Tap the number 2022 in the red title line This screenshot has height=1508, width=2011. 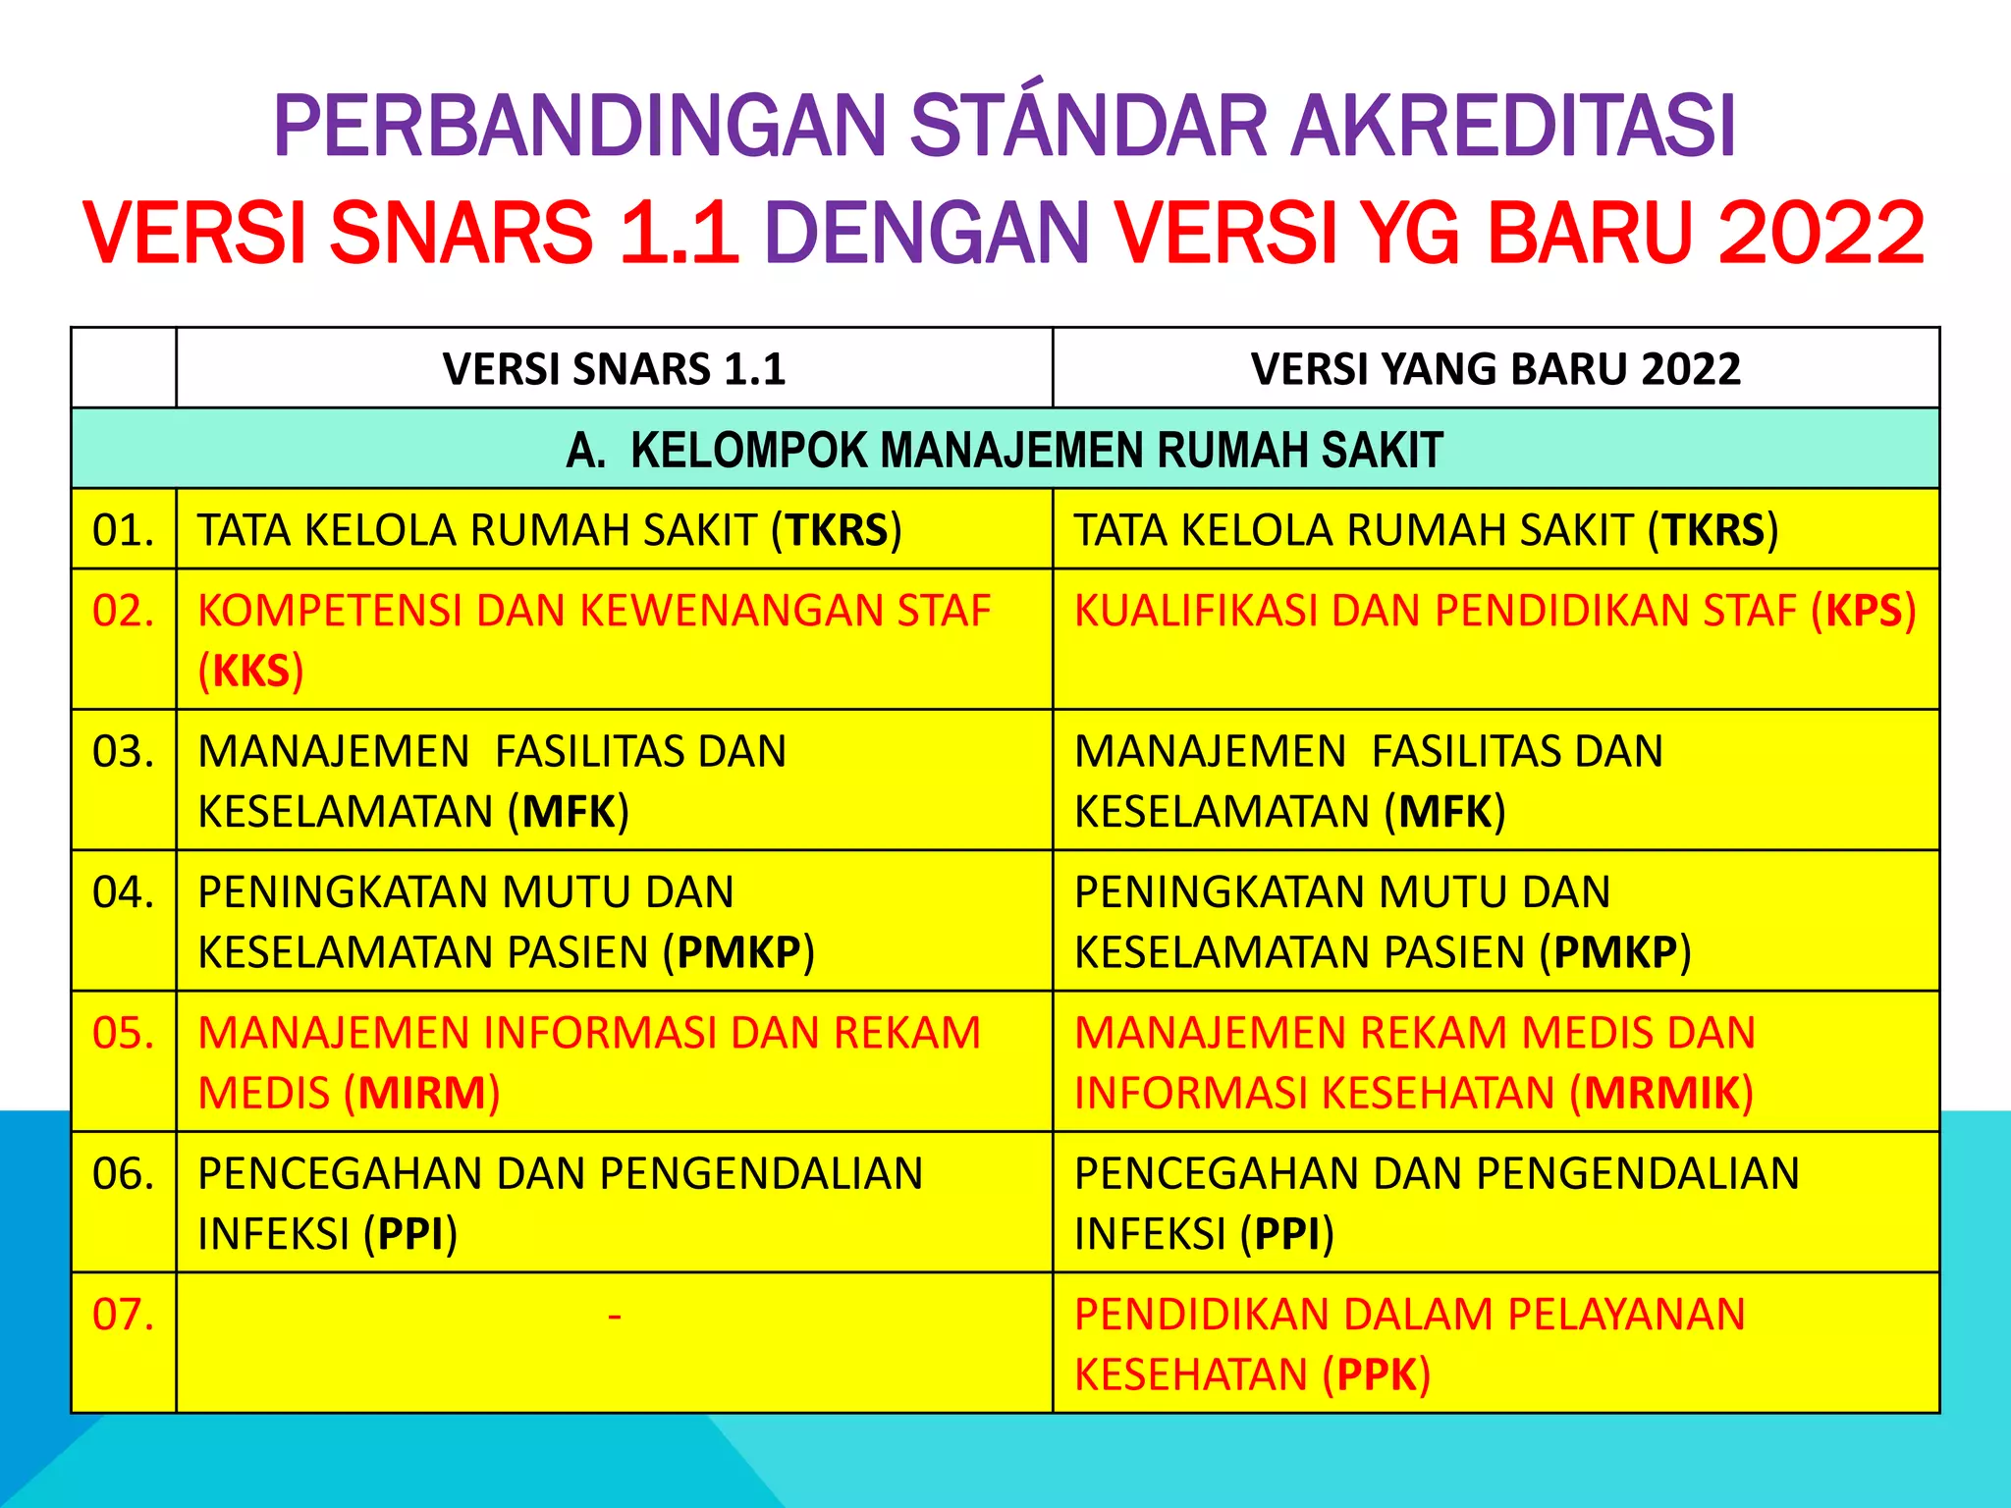[1821, 233]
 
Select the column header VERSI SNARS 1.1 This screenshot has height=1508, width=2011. [614, 369]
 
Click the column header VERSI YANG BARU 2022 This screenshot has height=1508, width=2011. [1495, 369]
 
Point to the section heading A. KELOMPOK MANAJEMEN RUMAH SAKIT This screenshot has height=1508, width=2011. [1005, 450]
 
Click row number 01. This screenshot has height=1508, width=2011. [123, 530]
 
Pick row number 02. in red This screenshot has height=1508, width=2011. [123, 611]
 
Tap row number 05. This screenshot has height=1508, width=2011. [123, 1033]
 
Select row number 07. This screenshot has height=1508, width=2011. [123, 1315]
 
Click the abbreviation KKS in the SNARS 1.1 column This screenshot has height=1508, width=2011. [251, 672]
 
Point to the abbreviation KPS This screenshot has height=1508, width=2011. [1864, 611]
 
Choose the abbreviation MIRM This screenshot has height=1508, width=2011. [422, 1094]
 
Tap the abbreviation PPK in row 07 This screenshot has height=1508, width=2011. [1377, 1375]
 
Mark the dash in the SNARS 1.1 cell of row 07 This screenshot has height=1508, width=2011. [615, 1315]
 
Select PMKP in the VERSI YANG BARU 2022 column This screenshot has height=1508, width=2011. [1615, 952]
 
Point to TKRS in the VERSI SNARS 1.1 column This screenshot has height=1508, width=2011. [837, 530]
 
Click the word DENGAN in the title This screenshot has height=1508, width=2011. [927, 233]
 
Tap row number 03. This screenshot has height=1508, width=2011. [123, 752]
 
